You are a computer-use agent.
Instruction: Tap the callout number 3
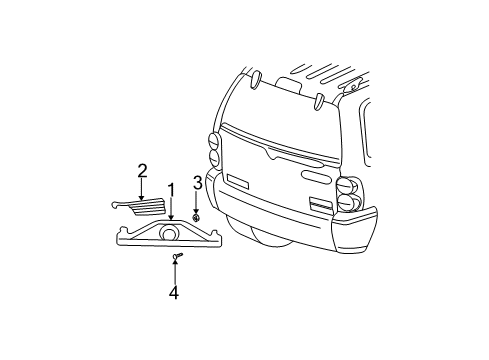(198, 182)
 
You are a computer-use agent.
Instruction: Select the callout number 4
(174, 293)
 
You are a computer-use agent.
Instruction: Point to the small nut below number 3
(198, 216)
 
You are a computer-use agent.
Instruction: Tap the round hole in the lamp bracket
(169, 235)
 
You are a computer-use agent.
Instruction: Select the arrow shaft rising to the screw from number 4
(174, 274)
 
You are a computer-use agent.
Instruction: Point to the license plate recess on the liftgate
(240, 183)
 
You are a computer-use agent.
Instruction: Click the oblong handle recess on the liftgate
(315, 177)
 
